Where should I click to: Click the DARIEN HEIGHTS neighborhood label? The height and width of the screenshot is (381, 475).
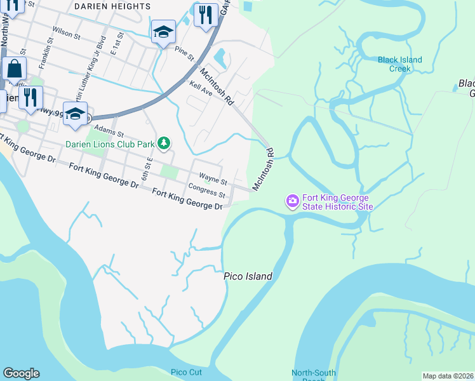click(112, 6)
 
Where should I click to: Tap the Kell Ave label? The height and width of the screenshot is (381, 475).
click(200, 88)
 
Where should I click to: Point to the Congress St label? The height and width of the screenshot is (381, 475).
click(207, 190)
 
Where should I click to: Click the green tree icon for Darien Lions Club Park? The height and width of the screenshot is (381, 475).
click(164, 144)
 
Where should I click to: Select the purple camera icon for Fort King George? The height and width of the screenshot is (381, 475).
click(292, 201)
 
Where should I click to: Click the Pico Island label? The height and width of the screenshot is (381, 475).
click(248, 276)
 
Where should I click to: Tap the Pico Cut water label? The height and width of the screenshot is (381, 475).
click(186, 371)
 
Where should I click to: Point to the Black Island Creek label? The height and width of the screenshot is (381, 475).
click(399, 64)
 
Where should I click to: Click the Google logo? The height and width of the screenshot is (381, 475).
click(21, 373)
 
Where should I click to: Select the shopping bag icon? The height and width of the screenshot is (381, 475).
click(13, 69)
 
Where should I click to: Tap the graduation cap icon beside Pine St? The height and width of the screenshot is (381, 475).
click(163, 32)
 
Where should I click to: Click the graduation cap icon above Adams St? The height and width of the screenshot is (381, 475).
click(75, 113)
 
